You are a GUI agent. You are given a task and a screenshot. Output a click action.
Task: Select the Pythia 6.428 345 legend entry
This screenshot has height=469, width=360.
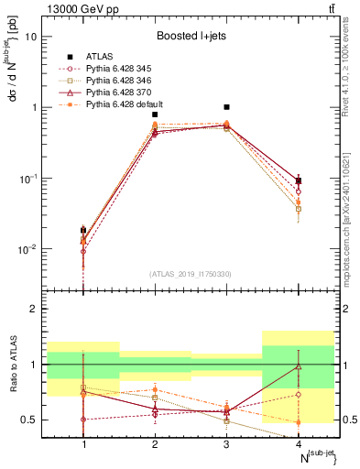(115, 69)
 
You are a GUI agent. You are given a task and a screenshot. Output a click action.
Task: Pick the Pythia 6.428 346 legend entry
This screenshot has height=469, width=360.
(115, 81)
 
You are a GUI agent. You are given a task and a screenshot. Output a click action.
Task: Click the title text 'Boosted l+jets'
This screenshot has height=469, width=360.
(191, 36)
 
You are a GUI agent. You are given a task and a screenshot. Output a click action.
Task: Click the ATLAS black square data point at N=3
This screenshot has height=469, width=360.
(226, 107)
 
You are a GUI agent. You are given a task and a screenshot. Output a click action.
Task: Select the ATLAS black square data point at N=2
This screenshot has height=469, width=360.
(155, 115)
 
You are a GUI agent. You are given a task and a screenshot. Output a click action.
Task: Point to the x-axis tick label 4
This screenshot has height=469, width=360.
(298, 444)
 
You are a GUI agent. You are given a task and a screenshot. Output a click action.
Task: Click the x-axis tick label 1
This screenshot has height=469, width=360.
(83, 444)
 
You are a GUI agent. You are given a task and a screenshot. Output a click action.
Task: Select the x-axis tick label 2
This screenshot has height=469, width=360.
(155, 444)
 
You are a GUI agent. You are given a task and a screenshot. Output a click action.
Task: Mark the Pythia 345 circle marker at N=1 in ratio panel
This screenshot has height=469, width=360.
(83, 420)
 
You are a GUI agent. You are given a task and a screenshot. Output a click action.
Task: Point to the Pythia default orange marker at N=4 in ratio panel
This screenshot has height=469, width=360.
(298, 422)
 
